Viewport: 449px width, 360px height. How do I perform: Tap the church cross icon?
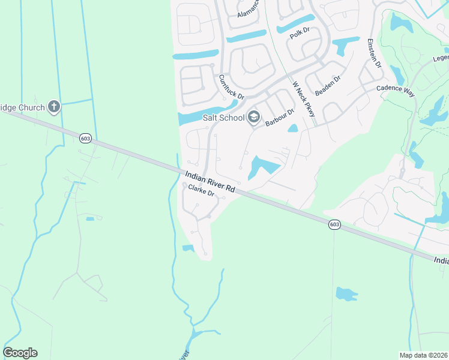pyautogui.click(x=54, y=107)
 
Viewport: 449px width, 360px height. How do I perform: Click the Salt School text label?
pyautogui.click(x=223, y=118)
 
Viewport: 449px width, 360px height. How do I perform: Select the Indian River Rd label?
pyautogui.click(x=209, y=182)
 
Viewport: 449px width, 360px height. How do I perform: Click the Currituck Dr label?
pyautogui.click(x=232, y=88)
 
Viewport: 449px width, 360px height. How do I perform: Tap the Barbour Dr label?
pyautogui.click(x=280, y=117)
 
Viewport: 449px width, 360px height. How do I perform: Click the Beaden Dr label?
pyautogui.click(x=328, y=86)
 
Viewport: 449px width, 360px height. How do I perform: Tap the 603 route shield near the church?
pyautogui.click(x=85, y=138)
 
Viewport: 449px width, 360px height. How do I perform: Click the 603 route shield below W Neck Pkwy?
pyautogui.click(x=335, y=224)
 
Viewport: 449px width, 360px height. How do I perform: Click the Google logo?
pyautogui.click(x=20, y=353)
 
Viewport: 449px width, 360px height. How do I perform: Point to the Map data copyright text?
pyautogui.click(x=423, y=355)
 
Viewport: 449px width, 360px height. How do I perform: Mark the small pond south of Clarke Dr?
pyautogui.click(x=188, y=248)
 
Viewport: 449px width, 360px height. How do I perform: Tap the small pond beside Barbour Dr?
pyautogui.click(x=293, y=128)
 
